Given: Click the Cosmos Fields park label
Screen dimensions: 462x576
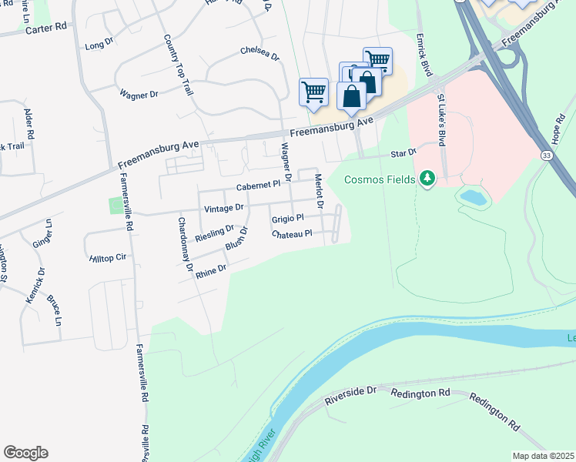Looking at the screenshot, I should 380,179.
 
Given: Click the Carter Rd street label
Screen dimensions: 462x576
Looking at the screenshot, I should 46,27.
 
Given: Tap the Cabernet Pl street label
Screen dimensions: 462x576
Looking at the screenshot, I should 258,186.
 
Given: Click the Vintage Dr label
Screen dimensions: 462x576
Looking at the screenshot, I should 223,208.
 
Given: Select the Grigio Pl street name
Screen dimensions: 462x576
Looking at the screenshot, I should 288,218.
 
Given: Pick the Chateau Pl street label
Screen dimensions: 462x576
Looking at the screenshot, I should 292,233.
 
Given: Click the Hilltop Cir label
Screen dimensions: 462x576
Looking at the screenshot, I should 108,258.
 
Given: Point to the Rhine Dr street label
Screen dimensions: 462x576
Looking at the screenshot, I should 211,270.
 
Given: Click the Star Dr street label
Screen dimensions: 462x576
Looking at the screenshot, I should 404,153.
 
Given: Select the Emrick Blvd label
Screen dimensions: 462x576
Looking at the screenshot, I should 423,54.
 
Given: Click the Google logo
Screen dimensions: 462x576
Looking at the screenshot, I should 25,453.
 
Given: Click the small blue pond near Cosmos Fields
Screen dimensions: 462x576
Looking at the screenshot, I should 473,197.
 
